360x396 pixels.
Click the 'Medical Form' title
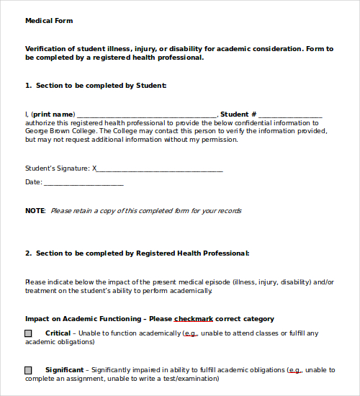(x=49, y=21)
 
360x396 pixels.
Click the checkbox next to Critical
(x=29, y=333)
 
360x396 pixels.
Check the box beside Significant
(x=29, y=370)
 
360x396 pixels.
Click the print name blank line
(x=145, y=114)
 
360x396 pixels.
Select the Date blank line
(x=84, y=183)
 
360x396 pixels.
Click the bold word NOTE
(x=35, y=211)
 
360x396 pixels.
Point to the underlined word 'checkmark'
(x=193, y=319)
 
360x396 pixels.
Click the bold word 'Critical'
(x=58, y=333)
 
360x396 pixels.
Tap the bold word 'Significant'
(x=64, y=370)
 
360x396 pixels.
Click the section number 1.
(x=28, y=86)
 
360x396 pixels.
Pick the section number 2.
(x=28, y=253)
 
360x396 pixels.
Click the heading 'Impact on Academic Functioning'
(x=84, y=319)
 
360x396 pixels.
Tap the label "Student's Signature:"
(x=58, y=168)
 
